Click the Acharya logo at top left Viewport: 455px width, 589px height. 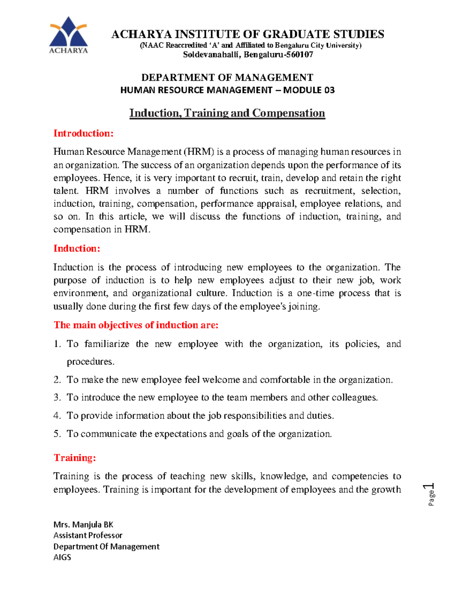[x=69, y=35]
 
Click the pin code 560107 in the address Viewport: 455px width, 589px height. [x=300, y=55]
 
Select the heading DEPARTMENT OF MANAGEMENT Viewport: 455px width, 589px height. [x=227, y=78]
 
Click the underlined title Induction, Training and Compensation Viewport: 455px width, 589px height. [x=227, y=113]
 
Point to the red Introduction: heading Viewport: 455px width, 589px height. [x=83, y=134]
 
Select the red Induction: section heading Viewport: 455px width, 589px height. [x=77, y=249]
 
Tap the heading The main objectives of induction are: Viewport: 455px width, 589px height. [x=136, y=325]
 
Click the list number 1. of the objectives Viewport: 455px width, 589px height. [x=57, y=344]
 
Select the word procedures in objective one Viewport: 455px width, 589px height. [x=90, y=362]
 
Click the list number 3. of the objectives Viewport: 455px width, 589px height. [x=57, y=397]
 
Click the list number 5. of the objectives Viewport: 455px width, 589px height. [x=57, y=434]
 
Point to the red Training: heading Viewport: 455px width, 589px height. [x=75, y=458]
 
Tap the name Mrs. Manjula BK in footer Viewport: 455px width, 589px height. [x=83, y=525]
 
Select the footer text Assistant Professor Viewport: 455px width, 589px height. [x=88, y=536]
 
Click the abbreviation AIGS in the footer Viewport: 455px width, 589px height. [x=62, y=558]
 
